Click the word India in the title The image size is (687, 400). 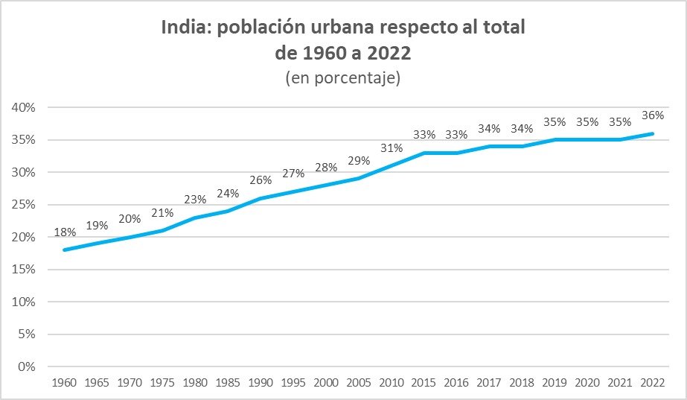(x=184, y=28)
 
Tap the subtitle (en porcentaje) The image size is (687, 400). (x=343, y=78)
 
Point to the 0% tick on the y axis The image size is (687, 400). (x=28, y=366)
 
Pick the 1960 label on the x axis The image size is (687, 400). (x=65, y=382)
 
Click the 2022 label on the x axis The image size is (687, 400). (x=653, y=382)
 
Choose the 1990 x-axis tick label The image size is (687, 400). (x=261, y=382)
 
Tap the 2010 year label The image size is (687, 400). (x=392, y=382)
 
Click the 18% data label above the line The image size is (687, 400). (x=65, y=232)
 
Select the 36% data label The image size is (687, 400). (x=653, y=115)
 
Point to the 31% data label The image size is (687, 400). (x=392, y=148)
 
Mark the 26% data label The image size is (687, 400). (x=261, y=180)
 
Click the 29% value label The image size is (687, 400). (x=359, y=161)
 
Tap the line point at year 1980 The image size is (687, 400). (x=196, y=218)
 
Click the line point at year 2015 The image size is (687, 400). (x=424, y=153)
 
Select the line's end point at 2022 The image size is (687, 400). (x=653, y=133)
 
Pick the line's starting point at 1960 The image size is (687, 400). (x=65, y=250)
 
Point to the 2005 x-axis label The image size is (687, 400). (x=359, y=382)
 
